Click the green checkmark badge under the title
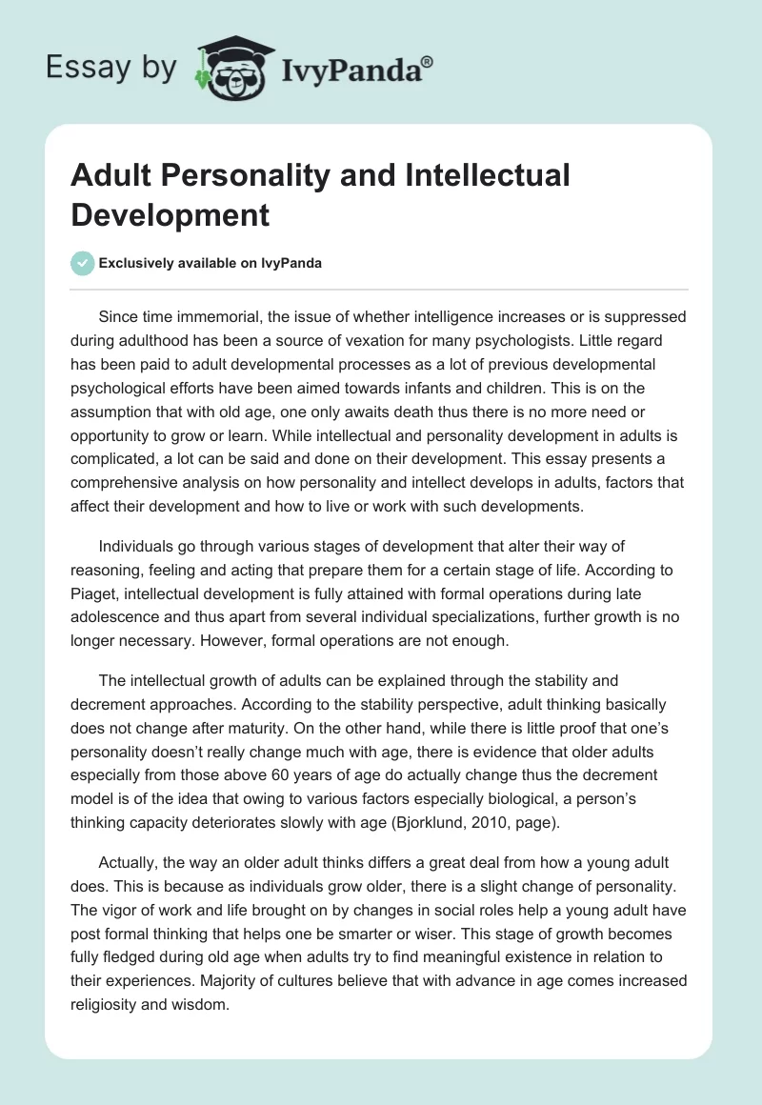tap(83, 263)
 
